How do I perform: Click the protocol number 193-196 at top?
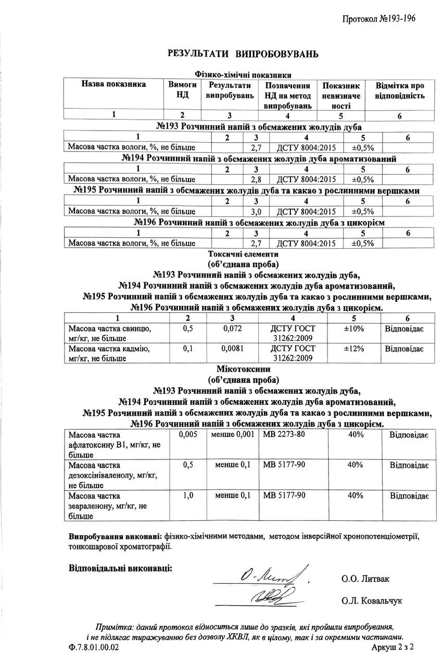click(x=378, y=19)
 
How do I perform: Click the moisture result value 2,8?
click(x=256, y=180)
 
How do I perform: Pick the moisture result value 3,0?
click(x=256, y=211)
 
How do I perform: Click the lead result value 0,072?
click(x=233, y=329)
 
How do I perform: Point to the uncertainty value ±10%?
click(x=353, y=329)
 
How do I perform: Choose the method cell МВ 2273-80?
click(x=284, y=434)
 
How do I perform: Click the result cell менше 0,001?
click(x=233, y=434)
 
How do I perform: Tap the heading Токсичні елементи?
click(x=243, y=254)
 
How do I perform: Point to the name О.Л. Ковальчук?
click(x=372, y=600)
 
